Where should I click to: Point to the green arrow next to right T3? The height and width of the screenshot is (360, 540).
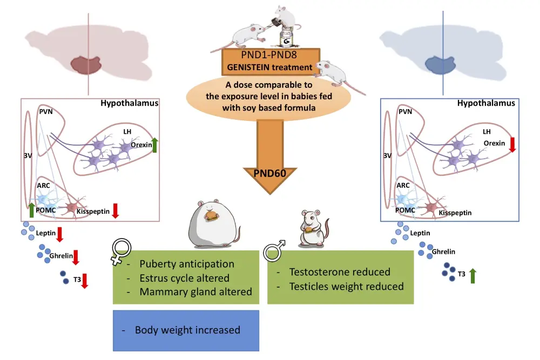473,275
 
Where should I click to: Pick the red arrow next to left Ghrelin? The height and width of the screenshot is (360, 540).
76,256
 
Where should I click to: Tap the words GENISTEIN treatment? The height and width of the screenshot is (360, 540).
268,68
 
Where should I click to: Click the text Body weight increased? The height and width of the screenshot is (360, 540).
187,330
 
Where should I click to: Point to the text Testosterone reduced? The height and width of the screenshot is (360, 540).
340,272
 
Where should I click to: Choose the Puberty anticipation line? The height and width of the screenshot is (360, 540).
187,264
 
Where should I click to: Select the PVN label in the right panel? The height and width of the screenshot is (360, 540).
405,112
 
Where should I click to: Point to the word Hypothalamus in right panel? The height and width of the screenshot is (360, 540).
486,103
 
